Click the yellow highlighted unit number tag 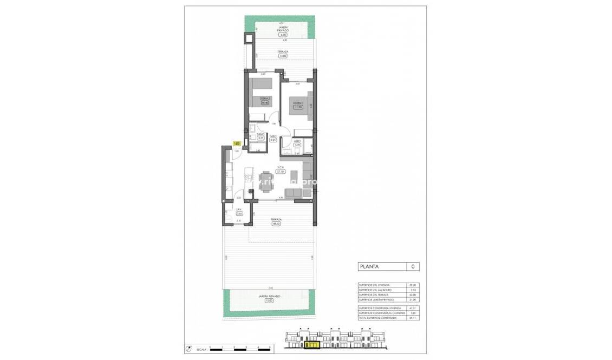(237, 144)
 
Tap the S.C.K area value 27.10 (281, 171)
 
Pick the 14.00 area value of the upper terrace (283, 55)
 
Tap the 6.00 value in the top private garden (282, 35)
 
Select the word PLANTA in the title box (368, 266)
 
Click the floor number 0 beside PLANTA (413, 266)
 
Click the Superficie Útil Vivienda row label (374, 285)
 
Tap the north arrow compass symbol (188, 348)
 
